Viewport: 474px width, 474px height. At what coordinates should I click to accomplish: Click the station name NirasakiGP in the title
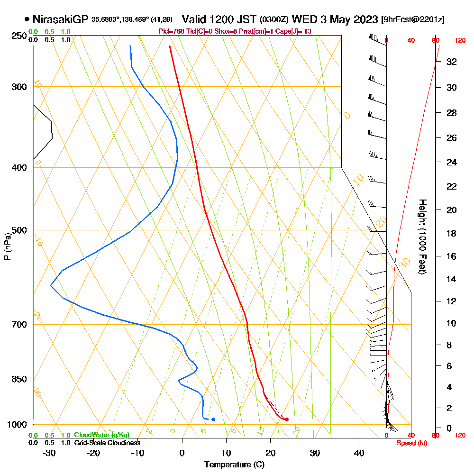60,19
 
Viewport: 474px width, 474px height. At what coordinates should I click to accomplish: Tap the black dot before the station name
27,19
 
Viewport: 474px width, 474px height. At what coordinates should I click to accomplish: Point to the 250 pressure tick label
19,36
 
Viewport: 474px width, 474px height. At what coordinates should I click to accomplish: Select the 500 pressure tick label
19,230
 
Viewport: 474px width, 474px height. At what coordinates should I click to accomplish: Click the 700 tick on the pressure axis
19,325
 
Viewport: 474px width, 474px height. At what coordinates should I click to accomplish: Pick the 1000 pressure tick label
17,425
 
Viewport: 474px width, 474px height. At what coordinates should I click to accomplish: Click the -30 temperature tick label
49,453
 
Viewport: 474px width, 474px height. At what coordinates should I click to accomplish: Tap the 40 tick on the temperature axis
359,453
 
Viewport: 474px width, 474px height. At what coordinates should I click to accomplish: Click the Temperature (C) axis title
234,465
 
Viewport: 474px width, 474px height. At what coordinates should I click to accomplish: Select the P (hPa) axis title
7,246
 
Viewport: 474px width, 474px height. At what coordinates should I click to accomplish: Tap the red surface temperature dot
287,419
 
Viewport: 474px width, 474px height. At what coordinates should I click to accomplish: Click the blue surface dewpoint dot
213,419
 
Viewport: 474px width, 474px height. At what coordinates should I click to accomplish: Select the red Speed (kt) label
410,443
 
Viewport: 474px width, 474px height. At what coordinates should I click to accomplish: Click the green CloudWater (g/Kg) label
101,435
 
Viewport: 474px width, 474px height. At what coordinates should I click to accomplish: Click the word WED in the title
301,19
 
